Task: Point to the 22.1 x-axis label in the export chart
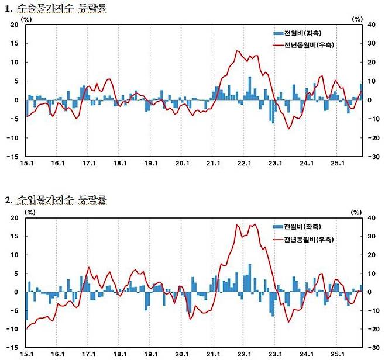click(x=243, y=164)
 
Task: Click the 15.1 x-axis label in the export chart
click(x=26, y=164)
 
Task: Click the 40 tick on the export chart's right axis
click(x=370, y=25)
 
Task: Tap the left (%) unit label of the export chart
click(x=27, y=19)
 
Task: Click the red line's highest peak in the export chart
click(x=237, y=51)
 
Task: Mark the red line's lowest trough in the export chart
click(x=288, y=128)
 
